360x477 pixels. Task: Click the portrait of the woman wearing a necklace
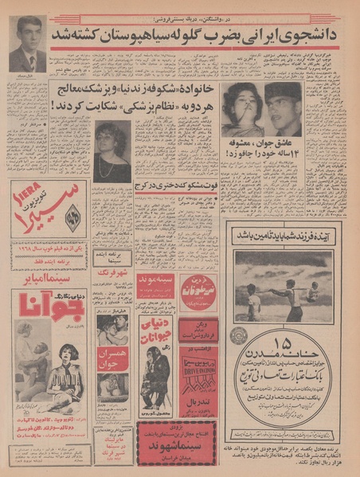[x=112, y=151]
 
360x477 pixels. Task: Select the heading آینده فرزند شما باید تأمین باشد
[x=286, y=236]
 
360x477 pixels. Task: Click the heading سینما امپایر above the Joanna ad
[x=52, y=281]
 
